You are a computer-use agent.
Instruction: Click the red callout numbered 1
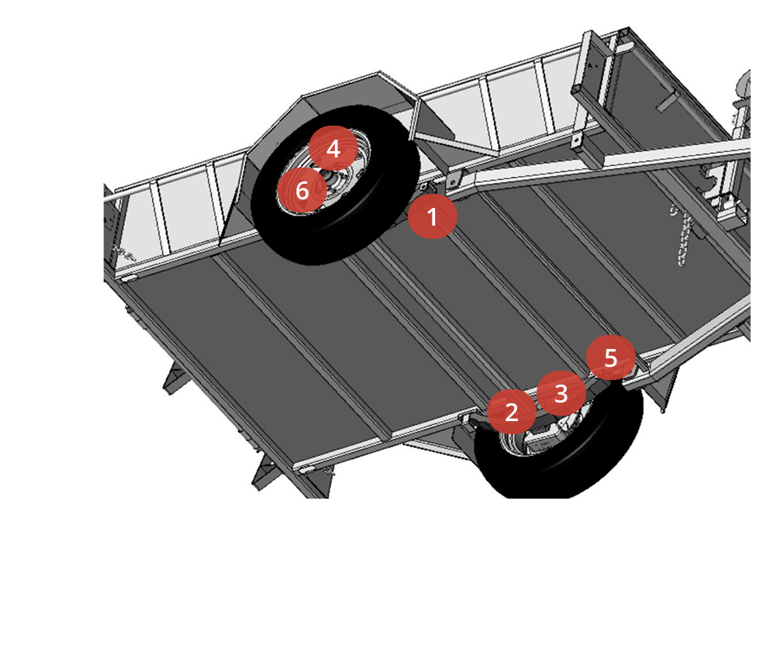point(432,216)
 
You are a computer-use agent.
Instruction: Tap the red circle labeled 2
point(512,412)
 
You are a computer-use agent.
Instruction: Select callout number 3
point(561,393)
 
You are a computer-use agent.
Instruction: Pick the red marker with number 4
point(333,148)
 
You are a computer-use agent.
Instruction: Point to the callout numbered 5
point(611,357)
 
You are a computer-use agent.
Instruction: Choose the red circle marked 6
point(302,190)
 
